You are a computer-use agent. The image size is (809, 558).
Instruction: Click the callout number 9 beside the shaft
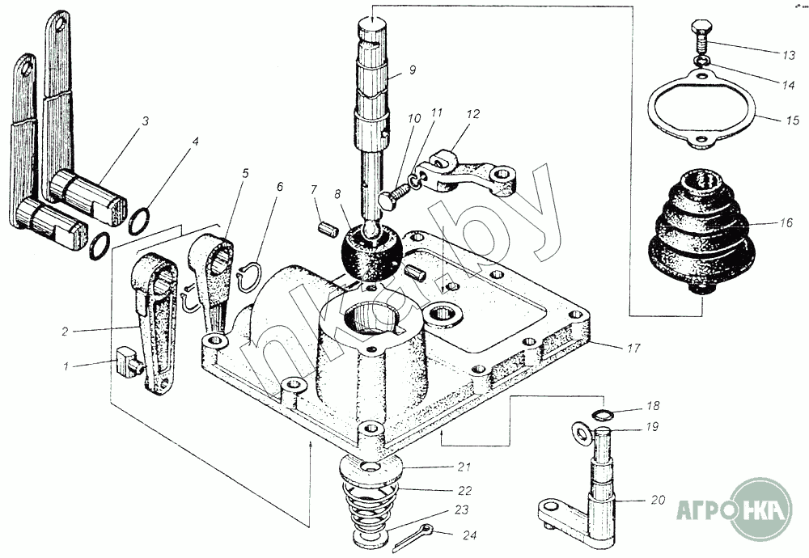412,70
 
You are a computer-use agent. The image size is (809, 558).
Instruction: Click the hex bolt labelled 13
700,36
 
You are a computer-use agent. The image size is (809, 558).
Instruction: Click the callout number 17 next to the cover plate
633,348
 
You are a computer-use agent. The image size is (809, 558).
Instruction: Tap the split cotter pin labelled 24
414,536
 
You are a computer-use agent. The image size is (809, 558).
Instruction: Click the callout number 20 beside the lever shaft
658,500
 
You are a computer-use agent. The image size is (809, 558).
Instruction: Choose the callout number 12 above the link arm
472,113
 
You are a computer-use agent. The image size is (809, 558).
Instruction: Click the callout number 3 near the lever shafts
146,121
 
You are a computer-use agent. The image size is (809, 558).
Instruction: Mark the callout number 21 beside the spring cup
464,467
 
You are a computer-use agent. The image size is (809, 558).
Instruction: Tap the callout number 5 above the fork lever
244,173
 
